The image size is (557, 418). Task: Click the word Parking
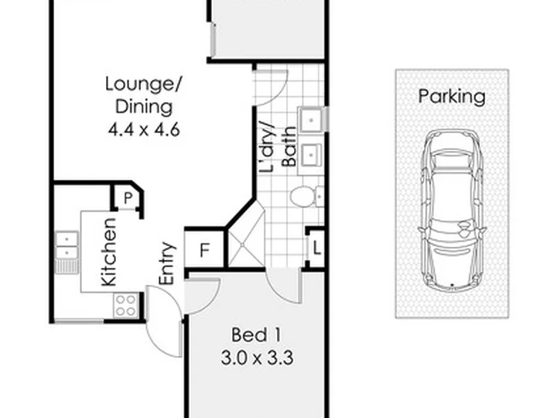click(x=452, y=96)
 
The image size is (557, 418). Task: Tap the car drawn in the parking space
click(x=452, y=211)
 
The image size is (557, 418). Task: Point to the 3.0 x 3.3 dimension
click(x=257, y=358)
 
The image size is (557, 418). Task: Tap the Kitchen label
click(x=109, y=252)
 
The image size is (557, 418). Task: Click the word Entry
click(x=167, y=263)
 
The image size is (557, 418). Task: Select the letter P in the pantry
click(x=128, y=198)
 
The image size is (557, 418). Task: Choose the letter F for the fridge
click(x=204, y=250)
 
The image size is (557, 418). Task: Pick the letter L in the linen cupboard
click(x=317, y=248)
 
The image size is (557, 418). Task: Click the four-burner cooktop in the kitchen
click(x=126, y=305)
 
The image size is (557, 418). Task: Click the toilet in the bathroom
click(x=306, y=196)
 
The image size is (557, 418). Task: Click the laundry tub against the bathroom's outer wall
click(x=312, y=119)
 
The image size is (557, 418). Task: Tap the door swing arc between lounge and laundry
click(x=275, y=93)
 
